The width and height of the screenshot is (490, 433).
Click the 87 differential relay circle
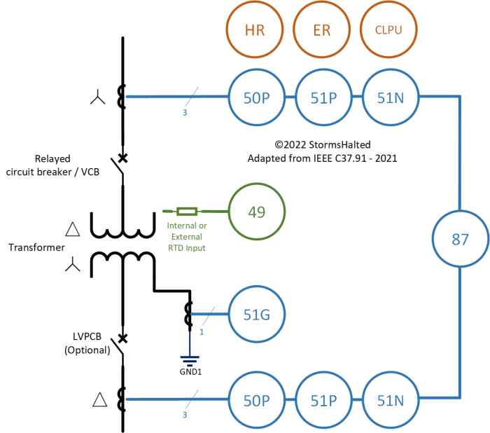pos(459,240)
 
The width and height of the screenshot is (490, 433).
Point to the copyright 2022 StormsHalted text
pos(322,145)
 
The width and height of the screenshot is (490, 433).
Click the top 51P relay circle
pos(321,97)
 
